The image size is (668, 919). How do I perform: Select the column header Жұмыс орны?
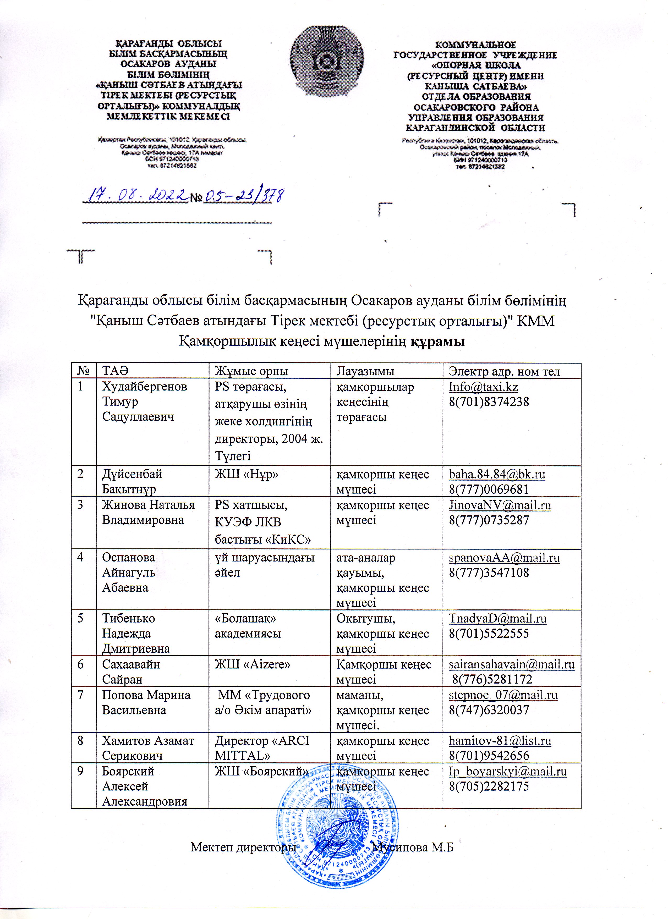tap(251, 371)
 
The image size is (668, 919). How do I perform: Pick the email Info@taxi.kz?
tap(483, 387)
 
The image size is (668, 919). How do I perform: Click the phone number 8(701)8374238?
tap(489, 402)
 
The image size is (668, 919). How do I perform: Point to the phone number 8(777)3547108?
tap(489, 573)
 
